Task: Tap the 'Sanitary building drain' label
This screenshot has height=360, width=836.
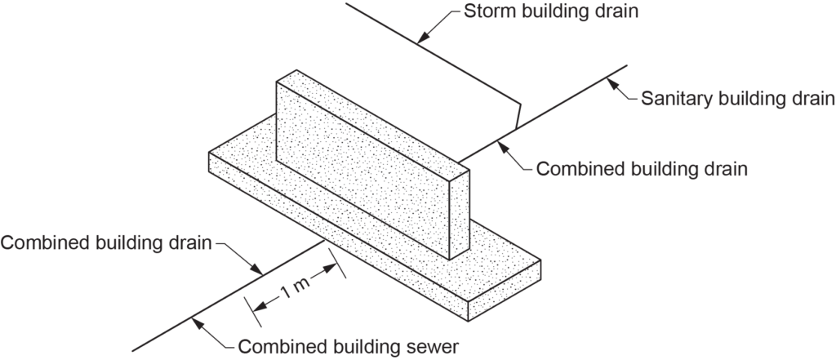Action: [x=736, y=99]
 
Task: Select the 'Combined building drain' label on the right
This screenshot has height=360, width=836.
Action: [x=642, y=169]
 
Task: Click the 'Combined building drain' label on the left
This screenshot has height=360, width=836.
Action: [x=106, y=242]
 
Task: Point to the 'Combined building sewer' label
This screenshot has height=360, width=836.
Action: [x=349, y=345]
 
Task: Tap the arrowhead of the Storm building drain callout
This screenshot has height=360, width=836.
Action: [x=419, y=41]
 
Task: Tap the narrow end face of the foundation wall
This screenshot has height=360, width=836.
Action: [x=460, y=214]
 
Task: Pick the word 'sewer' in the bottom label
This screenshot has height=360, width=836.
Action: [x=431, y=345]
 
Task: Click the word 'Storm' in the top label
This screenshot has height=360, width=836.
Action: [x=485, y=12]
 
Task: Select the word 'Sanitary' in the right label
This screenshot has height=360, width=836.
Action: [x=671, y=99]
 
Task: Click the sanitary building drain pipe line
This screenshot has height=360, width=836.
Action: [x=571, y=96]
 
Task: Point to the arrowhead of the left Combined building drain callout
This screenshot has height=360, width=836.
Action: [x=260, y=272]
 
